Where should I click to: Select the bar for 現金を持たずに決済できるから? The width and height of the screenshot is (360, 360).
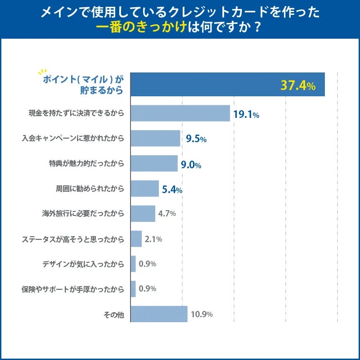(180, 113)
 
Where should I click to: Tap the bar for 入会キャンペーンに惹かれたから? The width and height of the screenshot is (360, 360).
(155, 139)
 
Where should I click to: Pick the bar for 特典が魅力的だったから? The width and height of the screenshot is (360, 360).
(154, 164)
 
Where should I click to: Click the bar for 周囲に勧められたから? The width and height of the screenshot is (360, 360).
(144, 189)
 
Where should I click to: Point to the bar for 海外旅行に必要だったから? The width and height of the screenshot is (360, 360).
(143, 214)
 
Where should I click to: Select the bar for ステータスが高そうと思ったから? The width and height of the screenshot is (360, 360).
(136, 239)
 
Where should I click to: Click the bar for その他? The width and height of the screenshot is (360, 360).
(159, 314)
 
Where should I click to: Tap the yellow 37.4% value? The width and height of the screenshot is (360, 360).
(297, 85)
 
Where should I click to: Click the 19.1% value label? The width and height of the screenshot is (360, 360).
(246, 114)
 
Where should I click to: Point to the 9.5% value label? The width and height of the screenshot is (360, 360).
(196, 139)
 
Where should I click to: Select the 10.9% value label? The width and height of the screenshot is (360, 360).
(201, 314)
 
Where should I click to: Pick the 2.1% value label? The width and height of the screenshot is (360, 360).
(153, 239)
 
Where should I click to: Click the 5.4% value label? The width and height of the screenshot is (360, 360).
(171, 190)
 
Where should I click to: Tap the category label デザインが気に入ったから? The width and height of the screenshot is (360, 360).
(80, 264)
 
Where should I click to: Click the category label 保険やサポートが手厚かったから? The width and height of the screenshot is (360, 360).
(72, 289)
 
